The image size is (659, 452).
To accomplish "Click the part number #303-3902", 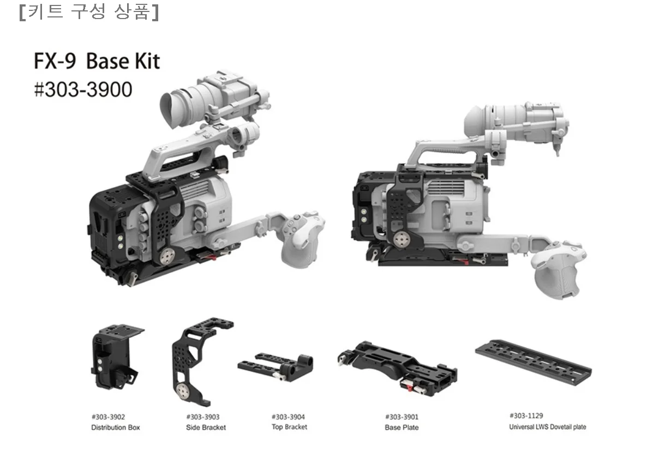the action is tap(108, 417).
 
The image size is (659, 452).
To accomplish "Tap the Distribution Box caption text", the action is tap(115, 427).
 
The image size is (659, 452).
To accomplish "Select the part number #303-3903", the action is tap(203, 417).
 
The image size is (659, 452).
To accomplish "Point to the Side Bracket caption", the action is tap(206, 427).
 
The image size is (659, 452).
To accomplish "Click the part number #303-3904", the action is tap(288, 417).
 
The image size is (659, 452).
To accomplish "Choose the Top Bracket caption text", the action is tap(289, 427).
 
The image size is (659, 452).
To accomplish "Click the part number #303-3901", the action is tap(402, 417).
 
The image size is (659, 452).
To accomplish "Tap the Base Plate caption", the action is tap(402, 427).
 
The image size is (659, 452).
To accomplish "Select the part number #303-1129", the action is tap(526, 415).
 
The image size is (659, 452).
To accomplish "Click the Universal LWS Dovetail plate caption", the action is tap(548, 427).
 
